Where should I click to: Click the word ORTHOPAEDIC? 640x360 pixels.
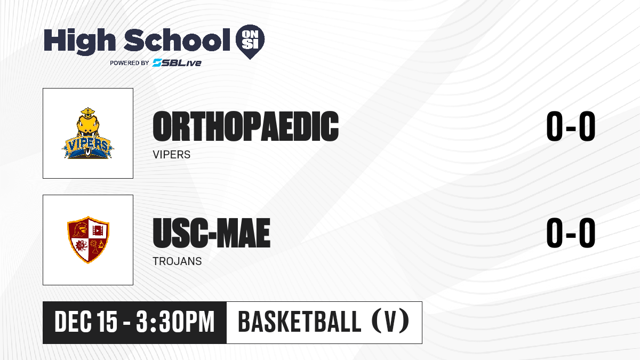[x=246, y=126]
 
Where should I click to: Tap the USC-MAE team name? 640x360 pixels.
[x=211, y=233]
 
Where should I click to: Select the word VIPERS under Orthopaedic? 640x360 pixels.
[x=171, y=155]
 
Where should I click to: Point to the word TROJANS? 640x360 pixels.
[x=177, y=261]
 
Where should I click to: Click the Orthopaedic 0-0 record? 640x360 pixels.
[x=571, y=126]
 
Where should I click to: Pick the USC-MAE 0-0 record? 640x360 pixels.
[x=571, y=233]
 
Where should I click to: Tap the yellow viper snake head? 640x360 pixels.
[x=87, y=123]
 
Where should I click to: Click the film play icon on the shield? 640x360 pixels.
[x=98, y=230]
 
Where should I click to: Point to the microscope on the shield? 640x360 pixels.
[x=100, y=245]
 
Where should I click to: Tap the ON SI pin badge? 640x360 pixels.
[x=250, y=42]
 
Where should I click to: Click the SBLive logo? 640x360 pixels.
[x=177, y=63]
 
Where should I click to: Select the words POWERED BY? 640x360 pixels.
[x=130, y=63]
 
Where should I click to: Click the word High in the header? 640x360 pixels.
[x=79, y=41]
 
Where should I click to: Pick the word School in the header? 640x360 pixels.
[x=177, y=39]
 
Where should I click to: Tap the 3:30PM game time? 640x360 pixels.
[x=175, y=322]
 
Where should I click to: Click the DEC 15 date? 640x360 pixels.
[x=86, y=322]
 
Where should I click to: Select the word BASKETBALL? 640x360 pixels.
[x=299, y=322]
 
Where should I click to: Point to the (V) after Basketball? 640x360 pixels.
[x=390, y=322]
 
